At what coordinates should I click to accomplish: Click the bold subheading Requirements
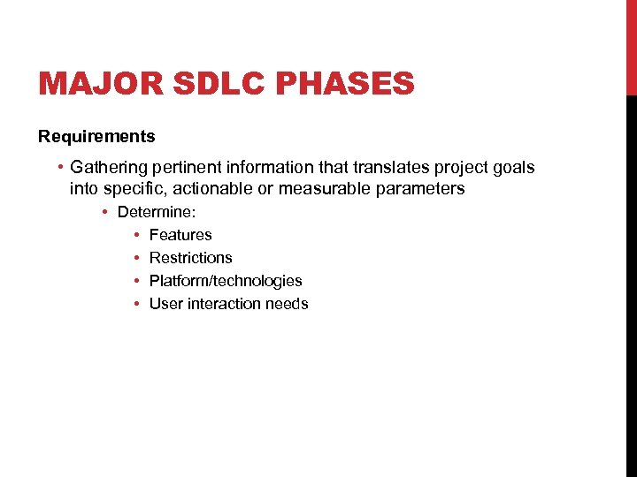[96, 136]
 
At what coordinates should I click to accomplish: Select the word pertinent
[188, 167]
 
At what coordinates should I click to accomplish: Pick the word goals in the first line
[515, 167]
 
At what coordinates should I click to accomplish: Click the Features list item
[180, 235]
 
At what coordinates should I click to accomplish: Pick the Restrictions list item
[190, 258]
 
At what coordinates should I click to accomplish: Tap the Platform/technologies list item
[226, 281]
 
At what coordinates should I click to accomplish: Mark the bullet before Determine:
[104, 212]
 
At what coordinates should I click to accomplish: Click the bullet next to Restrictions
[137, 258]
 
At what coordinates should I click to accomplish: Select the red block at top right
[631, 47]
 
